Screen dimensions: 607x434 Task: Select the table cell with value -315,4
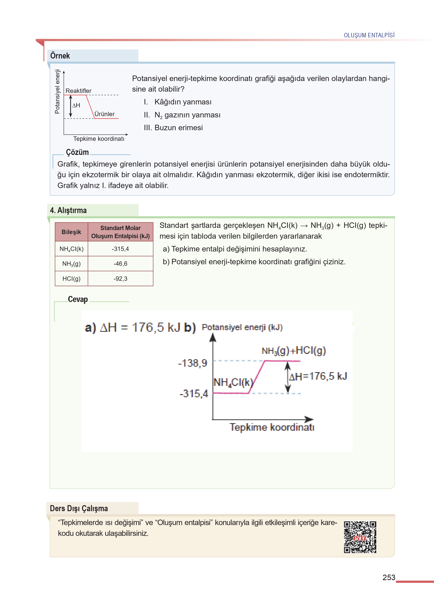[120, 249]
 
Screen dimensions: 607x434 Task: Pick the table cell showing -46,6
[120, 264]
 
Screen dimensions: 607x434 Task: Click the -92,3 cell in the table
[120, 279]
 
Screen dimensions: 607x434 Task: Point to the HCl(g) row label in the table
[71, 279]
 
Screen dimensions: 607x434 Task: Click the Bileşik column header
[71, 232]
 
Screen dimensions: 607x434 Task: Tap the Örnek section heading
[60, 56]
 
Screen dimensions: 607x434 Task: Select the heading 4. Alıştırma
[68, 211]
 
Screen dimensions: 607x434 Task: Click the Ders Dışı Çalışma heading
[79, 508]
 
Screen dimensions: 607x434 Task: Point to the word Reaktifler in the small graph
[78, 91]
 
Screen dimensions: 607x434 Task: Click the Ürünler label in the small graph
[105, 114]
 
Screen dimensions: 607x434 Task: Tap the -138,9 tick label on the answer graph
[192, 363]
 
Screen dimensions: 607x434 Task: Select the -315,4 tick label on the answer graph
[194, 394]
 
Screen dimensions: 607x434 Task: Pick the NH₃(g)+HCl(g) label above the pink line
[294, 351]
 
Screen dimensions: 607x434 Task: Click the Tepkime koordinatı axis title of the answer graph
[272, 427]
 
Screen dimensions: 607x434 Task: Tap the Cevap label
[78, 299]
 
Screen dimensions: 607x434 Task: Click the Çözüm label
[77, 152]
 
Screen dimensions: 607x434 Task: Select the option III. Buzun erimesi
[173, 128]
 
